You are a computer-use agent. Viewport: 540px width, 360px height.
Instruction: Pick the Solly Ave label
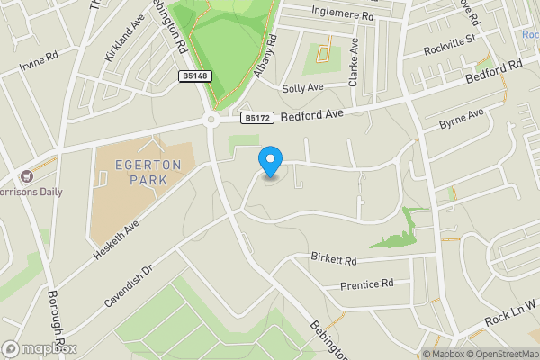click(x=302, y=88)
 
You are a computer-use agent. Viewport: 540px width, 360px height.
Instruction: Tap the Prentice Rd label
click(x=367, y=284)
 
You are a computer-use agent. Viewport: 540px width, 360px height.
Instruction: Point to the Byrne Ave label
click(x=460, y=119)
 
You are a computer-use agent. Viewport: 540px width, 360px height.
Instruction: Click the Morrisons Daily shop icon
click(x=27, y=176)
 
